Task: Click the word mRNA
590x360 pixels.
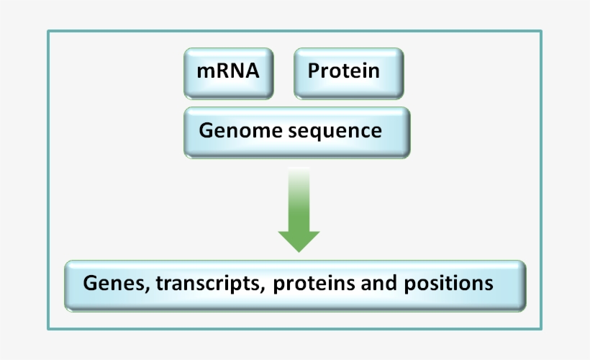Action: [228, 71]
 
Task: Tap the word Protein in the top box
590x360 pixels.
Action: [343, 71]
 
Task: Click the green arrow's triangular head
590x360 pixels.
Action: [299, 240]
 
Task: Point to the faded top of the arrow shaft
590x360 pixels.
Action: [299, 176]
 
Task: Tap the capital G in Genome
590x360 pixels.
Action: [206, 131]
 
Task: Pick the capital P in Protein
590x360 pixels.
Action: [314, 71]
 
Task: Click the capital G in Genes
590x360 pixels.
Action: [89, 283]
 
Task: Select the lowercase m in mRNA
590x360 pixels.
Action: [204, 73]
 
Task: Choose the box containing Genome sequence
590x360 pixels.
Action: [297, 132]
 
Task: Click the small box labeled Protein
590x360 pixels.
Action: [349, 73]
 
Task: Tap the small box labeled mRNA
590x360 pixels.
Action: [229, 73]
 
